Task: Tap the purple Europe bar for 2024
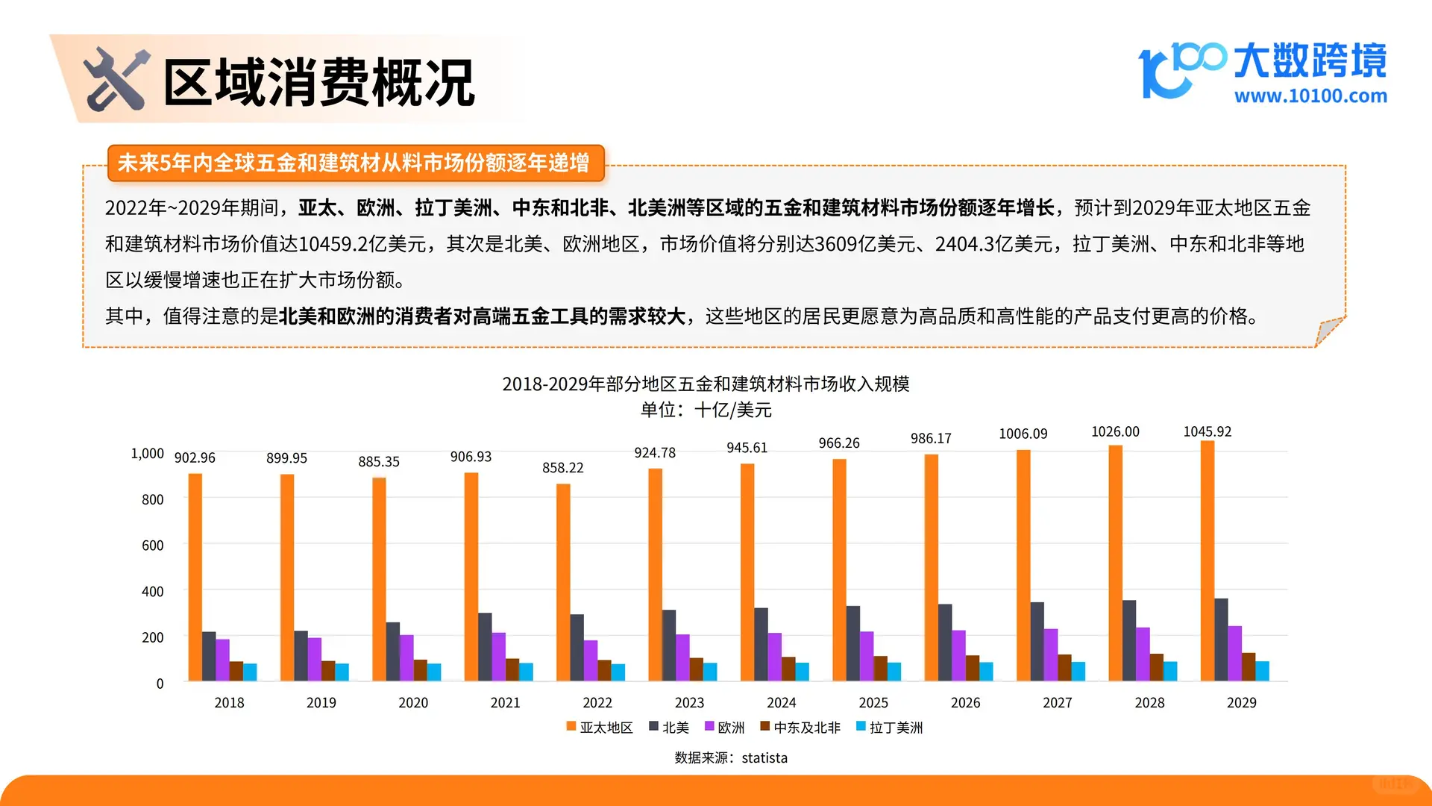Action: (775, 657)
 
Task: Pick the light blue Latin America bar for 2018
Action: (250, 672)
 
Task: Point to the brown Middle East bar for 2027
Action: (1064, 667)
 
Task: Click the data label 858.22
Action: (562, 468)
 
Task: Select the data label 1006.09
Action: (1023, 434)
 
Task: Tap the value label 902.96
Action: (195, 457)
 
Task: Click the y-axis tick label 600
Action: (152, 546)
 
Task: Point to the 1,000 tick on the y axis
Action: (147, 453)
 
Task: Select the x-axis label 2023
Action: (689, 702)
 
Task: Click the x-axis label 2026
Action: (965, 702)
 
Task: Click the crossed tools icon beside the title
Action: (116, 79)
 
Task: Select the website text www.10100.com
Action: (1310, 96)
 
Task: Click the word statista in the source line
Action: (764, 757)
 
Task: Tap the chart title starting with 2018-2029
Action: (706, 384)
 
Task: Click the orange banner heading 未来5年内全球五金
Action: (354, 163)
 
